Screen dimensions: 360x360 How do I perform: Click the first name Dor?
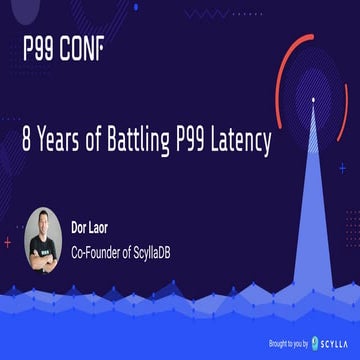point(80,227)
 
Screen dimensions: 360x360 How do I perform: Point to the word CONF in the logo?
point(82,47)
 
